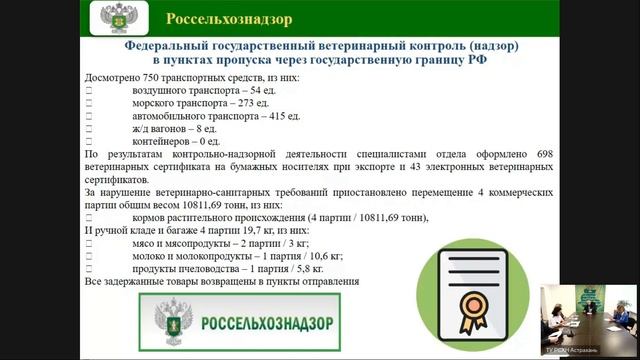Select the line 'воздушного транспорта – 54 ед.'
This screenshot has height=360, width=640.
[x=194, y=90]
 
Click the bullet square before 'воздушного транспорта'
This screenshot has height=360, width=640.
[x=90, y=90]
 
